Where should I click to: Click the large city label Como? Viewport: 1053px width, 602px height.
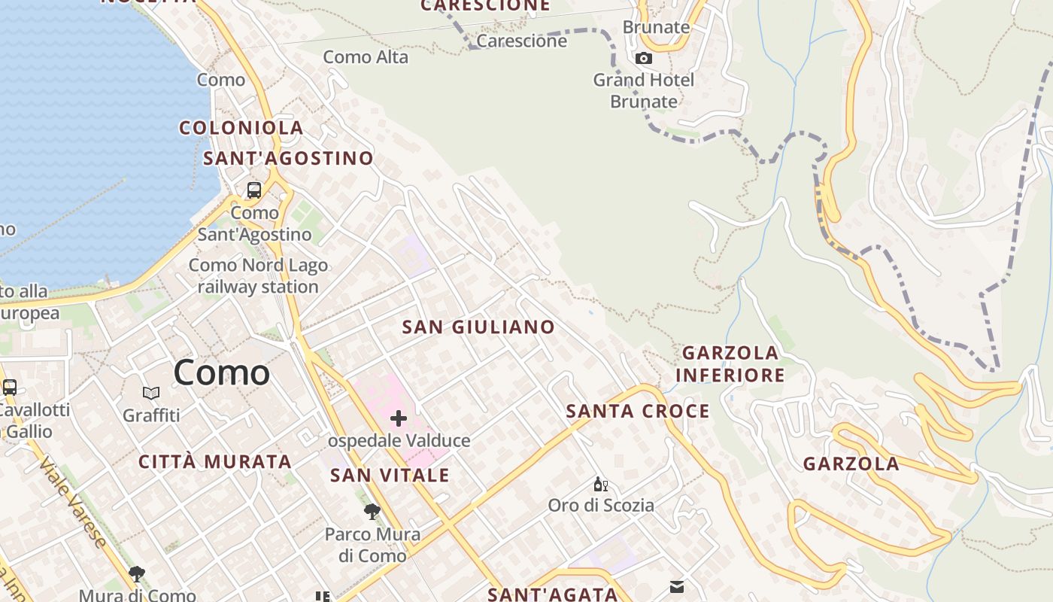tap(221, 372)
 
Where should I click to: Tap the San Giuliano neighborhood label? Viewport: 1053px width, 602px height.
tap(478, 327)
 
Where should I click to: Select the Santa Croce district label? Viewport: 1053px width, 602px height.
tap(638, 411)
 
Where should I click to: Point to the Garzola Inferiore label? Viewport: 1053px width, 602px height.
tap(730, 363)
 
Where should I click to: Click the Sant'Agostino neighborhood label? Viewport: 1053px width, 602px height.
tap(288, 158)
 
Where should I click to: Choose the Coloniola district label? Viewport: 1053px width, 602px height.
tap(241, 128)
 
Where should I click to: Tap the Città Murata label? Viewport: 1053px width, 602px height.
tap(215, 462)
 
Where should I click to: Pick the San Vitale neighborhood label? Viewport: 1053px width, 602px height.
tap(390, 476)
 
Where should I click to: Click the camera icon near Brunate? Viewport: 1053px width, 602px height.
tap(644, 58)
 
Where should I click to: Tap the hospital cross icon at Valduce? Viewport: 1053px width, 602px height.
tap(399, 418)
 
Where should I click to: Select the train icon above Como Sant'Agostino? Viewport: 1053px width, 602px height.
tap(254, 190)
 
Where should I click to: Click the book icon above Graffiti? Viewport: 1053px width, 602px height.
tap(151, 393)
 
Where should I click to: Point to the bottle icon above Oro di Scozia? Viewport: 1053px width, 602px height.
tap(600, 484)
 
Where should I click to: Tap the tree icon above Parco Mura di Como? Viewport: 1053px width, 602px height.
tap(372, 512)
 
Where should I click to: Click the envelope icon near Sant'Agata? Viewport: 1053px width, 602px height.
tap(677, 587)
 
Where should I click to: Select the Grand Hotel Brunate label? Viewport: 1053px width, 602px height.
tap(644, 90)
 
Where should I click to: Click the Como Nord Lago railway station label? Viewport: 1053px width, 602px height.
tap(258, 276)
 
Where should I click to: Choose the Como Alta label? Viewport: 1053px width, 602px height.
tap(366, 57)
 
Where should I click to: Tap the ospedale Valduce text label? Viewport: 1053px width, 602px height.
tap(399, 441)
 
